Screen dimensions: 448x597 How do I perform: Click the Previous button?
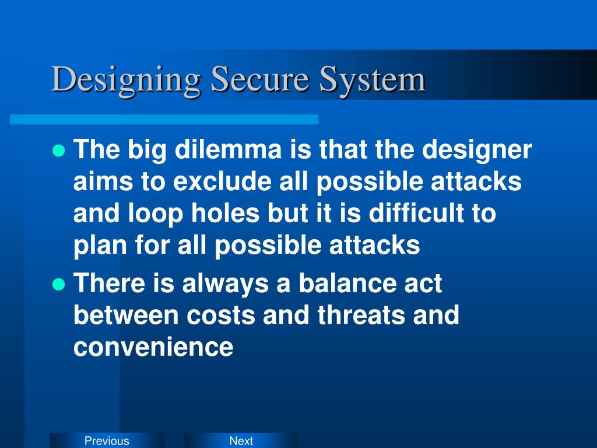coord(107,441)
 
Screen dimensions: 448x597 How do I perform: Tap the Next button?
coord(241,441)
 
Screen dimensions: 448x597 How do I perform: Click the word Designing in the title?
coord(126,79)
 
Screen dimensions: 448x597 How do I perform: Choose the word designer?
coord(477,151)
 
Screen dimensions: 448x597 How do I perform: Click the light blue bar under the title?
coord(164,119)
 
